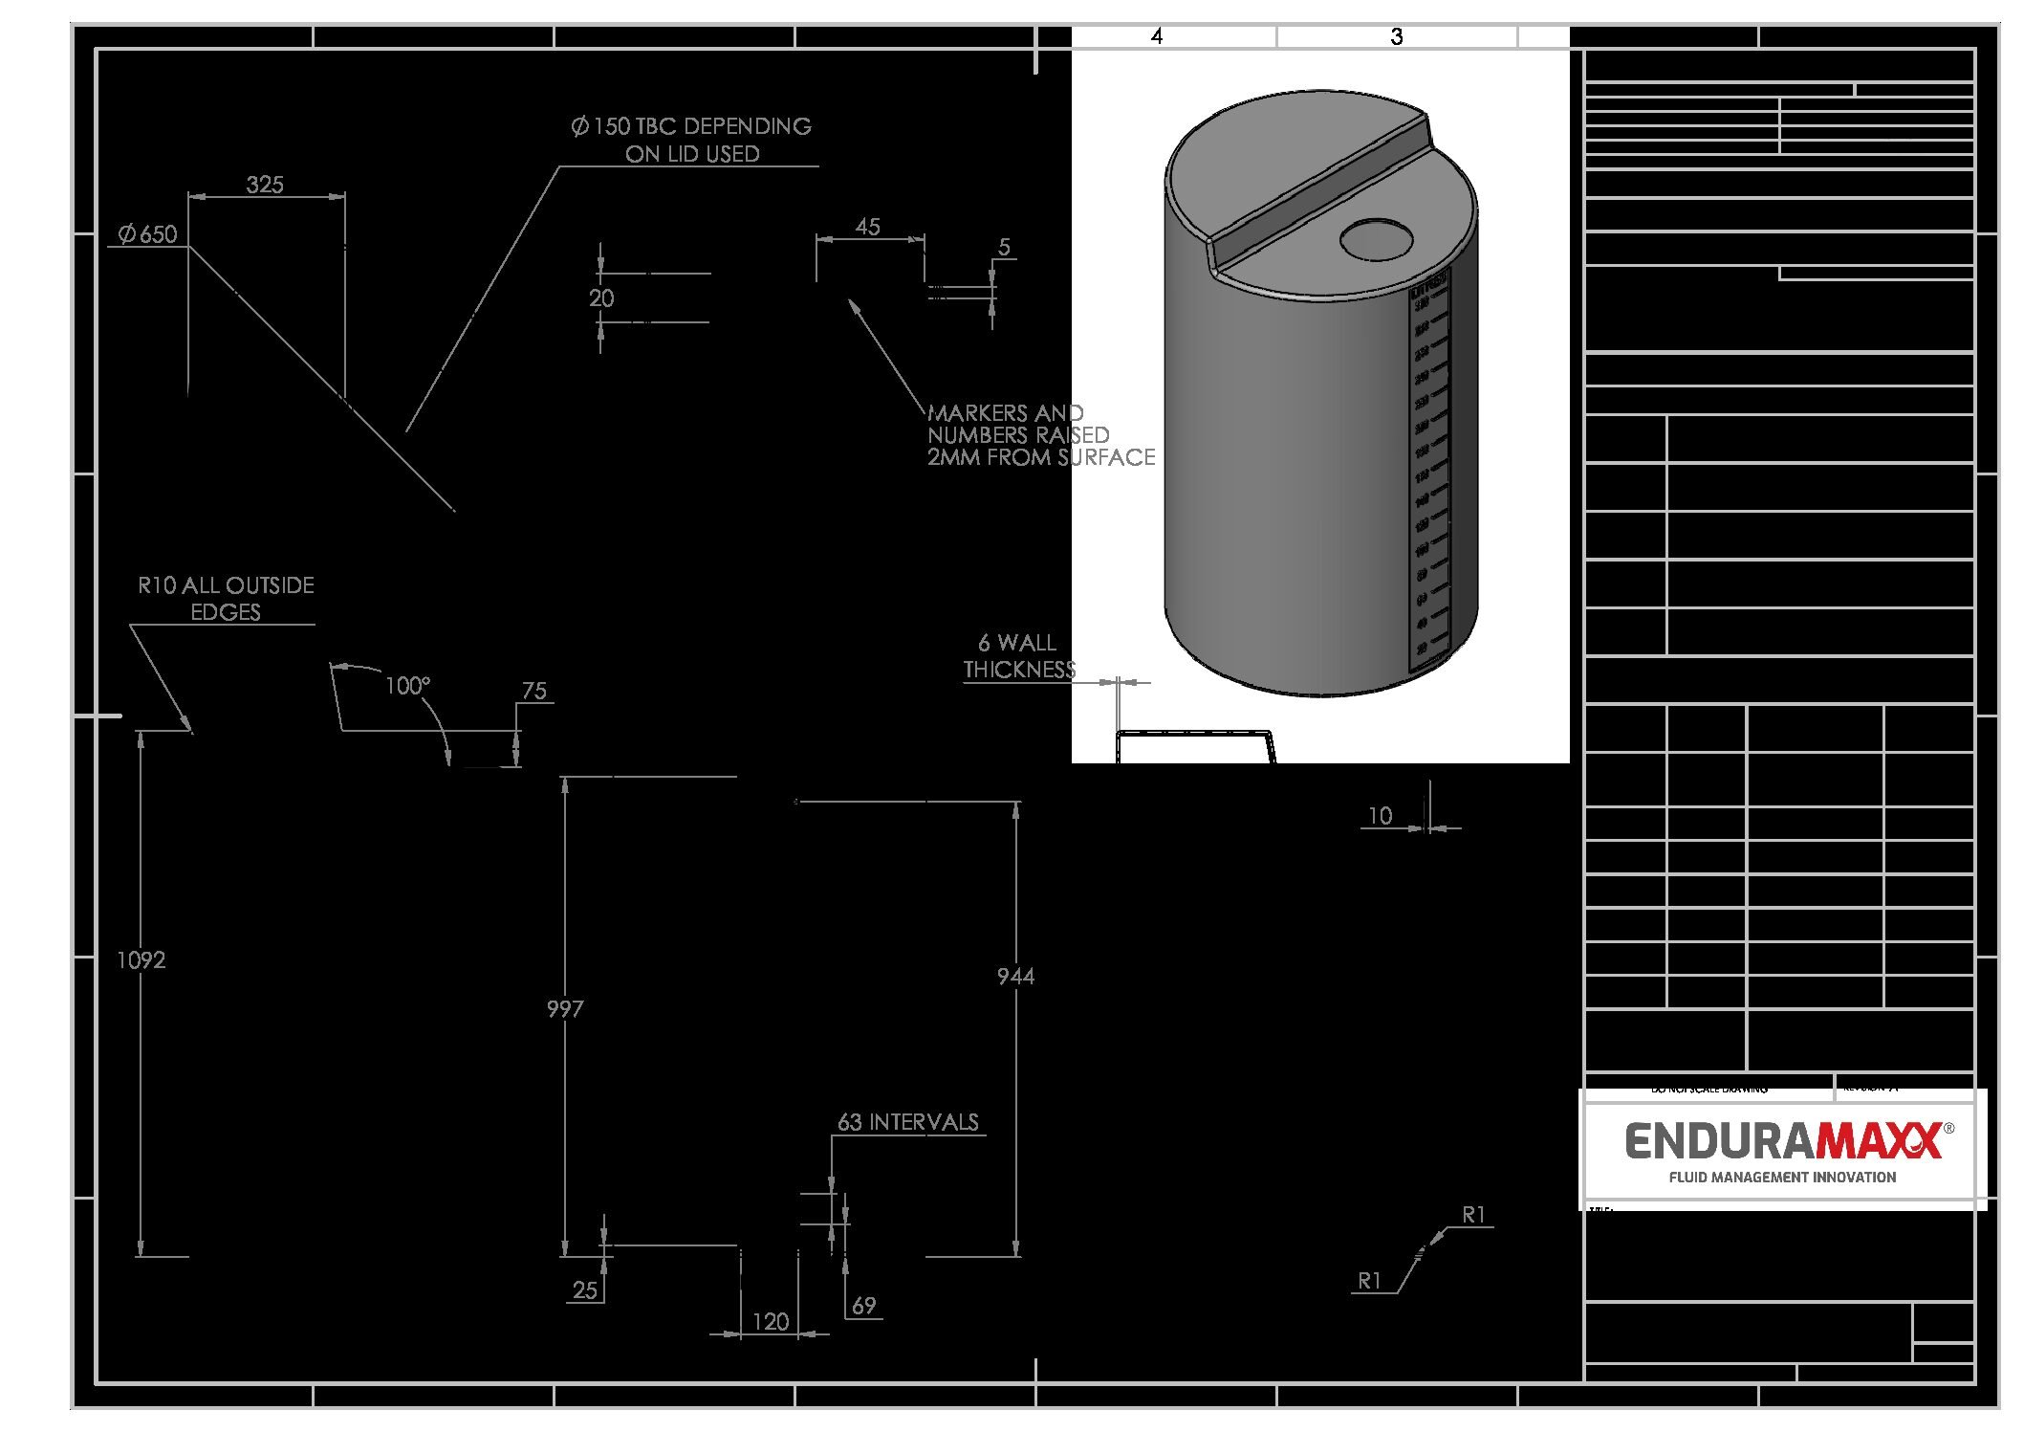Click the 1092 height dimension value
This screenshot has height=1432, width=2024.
(x=141, y=959)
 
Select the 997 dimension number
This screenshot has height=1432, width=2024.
(x=565, y=1008)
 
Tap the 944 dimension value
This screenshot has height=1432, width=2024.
(x=1015, y=976)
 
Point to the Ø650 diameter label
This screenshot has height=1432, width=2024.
(x=148, y=234)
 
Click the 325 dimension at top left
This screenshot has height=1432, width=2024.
(x=265, y=185)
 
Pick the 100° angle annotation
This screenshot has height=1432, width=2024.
(x=408, y=686)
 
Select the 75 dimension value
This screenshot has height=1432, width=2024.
(x=534, y=691)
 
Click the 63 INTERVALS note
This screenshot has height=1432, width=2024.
(x=908, y=1122)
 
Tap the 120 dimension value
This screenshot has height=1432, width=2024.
(x=771, y=1321)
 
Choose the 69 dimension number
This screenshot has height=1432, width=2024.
(x=863, y=1306)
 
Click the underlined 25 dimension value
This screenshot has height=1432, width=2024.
(x=585, y=1290)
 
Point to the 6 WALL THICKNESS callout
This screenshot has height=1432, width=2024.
(x=1019, y=656)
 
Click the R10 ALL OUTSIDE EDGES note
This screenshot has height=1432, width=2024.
(x=226, y=598)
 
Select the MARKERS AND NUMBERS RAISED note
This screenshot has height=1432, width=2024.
(x=1040, y=435)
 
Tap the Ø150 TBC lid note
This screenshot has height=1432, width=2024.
(x=691, y=140)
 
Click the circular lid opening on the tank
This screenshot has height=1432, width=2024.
(x=1377, y=239)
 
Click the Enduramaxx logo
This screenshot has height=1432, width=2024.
(x=1783, y=1141)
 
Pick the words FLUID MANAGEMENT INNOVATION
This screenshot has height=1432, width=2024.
(x=1782, y=1178)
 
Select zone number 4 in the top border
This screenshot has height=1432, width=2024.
(x=1157, y=36)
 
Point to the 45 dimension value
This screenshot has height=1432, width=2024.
(x=867, y=227)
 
